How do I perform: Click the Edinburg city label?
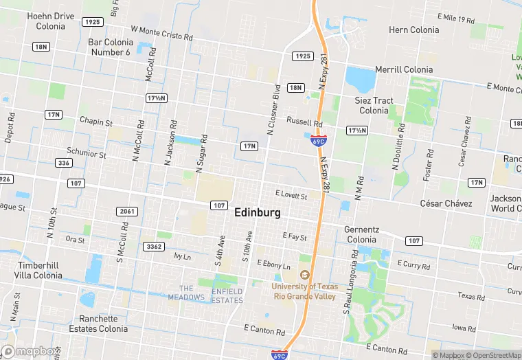click(258, 213)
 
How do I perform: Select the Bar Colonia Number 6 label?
click(109, 47)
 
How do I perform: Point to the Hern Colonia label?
click(414, 30)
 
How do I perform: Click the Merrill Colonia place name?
click(404, 69)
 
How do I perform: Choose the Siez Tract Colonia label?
click(374, 105)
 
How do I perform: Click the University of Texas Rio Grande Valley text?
click(304, 291)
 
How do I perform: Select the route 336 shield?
click(64, 163)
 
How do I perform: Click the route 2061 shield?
click(126, 211)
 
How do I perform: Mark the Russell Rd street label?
click(304, 122)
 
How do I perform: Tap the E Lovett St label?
click(291, 196)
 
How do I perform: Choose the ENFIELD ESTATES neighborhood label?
click(227, 296)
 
